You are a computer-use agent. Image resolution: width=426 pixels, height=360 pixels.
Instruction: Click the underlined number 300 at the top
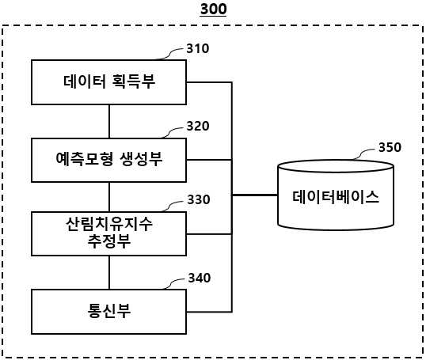click(x=213, y=9)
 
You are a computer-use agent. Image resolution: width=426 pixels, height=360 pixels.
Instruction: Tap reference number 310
click(x=198, y=48)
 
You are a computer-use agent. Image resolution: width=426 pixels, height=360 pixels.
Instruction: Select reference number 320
click(x=198, y=126)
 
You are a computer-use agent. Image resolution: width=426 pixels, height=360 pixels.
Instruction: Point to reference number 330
click(x=199, y=199)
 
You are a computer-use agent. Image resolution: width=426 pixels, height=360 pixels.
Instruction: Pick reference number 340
click(x=200, y=278)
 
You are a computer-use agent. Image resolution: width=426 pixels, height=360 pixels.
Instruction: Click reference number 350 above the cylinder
click(x=390, y=147)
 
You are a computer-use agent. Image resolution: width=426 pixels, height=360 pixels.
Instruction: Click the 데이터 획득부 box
click(x=109, y=82)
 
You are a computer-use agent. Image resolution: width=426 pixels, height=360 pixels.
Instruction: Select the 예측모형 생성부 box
click(x=109, y=160)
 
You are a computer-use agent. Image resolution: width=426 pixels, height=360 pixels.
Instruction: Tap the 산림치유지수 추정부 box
click(x=109, y=233)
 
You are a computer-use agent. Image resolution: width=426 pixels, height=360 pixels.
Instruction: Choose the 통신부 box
click(x=109, y=312)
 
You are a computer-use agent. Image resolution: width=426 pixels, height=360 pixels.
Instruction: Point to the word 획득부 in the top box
click(x=133, y=81)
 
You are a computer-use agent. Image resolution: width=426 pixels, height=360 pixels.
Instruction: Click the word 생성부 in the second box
click(x=141, y=159)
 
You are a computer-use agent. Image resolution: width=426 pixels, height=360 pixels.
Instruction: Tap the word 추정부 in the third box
click(x=109, y=241)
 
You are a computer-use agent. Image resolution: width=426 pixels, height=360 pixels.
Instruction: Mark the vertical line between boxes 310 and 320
click(x=109, y=121)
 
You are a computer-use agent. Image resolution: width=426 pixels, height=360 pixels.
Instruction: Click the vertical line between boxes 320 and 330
click(x=109, y=197)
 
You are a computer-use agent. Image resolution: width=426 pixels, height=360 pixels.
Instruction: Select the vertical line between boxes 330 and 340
click(x=109, y=273)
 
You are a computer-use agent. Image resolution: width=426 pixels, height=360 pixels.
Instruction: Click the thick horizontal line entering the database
click(x=255, y=195)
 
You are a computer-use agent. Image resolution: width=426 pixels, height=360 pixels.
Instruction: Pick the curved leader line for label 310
click(x=169, y=55)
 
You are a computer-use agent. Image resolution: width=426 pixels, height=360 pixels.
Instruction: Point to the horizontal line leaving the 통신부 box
click(x=209, y=312)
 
